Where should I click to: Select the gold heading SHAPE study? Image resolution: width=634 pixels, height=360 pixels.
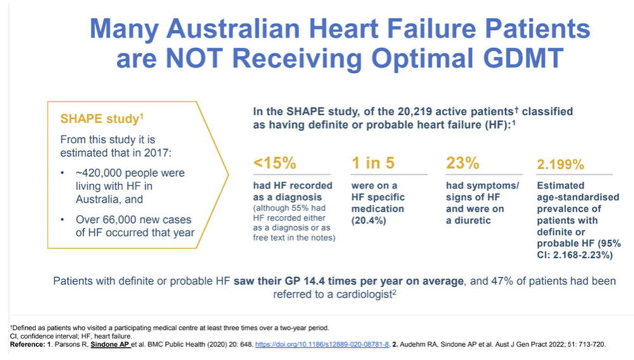101,119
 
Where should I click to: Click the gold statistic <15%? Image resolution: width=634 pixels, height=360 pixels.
275,163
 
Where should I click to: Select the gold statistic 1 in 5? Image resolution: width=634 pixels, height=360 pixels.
373,163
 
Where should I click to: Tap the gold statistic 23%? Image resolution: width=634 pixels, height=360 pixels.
463,163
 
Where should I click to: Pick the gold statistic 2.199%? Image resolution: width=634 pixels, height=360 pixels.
560,164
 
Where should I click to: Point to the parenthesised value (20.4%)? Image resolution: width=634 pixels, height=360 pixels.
368,221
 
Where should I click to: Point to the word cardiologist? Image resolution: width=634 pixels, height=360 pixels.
365,295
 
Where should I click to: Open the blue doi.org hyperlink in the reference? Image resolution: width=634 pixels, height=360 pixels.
322,345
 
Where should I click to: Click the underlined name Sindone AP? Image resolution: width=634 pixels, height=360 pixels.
110,345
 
